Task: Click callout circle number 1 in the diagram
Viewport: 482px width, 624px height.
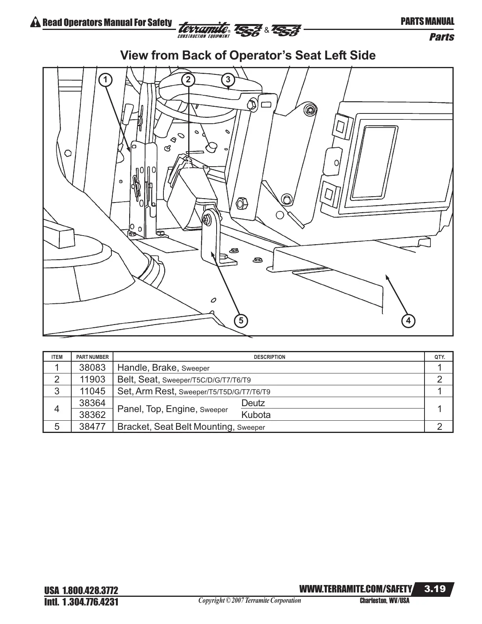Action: [x=105, y=80]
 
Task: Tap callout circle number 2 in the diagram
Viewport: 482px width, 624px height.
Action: [x=188, y=80]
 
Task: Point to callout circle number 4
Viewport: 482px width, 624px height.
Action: [x=408, y=321]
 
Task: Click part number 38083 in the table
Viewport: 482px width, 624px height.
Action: [x=92, y=368]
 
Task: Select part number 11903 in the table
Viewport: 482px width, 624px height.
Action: [x=92, y=379]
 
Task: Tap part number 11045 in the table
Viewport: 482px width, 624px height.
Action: [x=92, y=391]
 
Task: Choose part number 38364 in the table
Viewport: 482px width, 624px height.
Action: [x=92, y=403]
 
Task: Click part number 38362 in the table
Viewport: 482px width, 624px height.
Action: [x=92, y=415]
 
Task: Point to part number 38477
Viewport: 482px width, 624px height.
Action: [x=92, y=427]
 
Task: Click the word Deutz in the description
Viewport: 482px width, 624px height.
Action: [x=253, y=403]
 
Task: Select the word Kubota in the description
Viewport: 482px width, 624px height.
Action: [x=256, y=415]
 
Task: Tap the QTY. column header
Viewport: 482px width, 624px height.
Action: [x=439, y=357]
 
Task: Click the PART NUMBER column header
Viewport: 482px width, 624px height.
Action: [x=92, y=357]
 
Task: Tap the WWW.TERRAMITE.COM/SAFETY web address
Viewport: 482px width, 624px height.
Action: [x=356, y=589]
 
